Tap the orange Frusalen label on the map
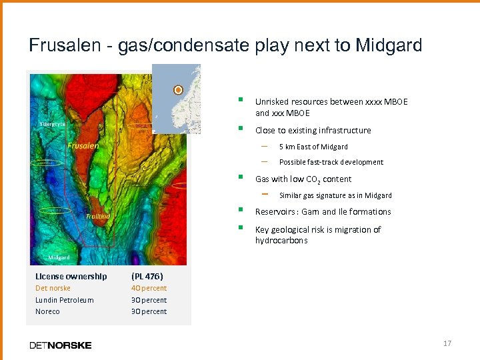(x=83, y=145)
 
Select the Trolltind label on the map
(x=97, y=216)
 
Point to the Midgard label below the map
(x=59, y=257)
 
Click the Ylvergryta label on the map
(x=51, y=124)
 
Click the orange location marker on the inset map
(x=178, y=89)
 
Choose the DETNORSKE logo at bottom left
(x=61, y=345)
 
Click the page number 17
(x=447, y=343)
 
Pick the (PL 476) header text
(x=147, y=276)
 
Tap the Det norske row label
(x=53, y=288)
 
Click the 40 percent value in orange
(x=149, y=288)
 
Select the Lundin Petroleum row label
(x=65, y=300)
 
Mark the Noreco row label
(x=47, y=311)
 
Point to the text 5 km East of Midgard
(x=313, y=147)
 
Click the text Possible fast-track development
(x=331, y=162)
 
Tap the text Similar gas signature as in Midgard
(x=335, y=195)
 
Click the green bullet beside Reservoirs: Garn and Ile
(x=241, y=211)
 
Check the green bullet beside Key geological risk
(x=241, y=228)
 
